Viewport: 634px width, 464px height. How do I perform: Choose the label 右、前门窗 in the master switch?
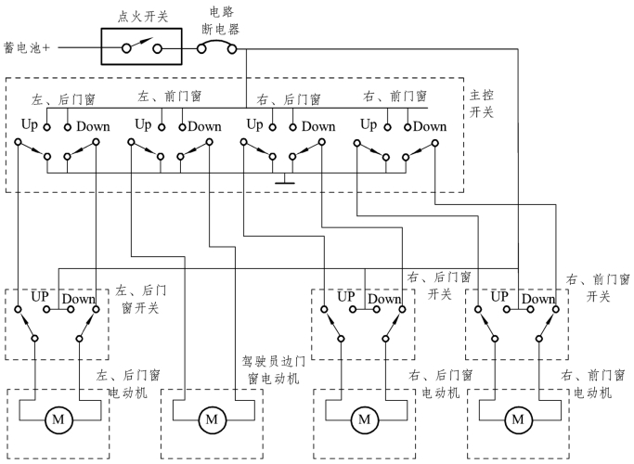395,97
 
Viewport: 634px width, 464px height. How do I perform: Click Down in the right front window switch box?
537,299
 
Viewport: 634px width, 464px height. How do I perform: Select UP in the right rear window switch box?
346,297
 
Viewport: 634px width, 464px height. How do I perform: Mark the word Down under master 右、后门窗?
318,126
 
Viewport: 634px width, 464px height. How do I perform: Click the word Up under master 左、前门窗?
143,124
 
